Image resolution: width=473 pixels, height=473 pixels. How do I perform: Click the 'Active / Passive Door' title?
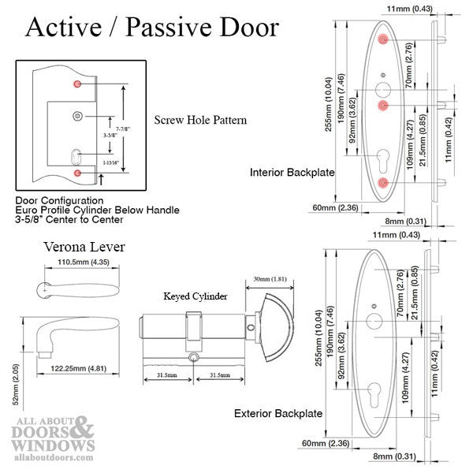pos(152,28)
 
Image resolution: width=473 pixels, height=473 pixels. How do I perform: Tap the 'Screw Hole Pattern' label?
pos(200,121)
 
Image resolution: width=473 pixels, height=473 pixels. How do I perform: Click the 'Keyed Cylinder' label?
pos(195,296)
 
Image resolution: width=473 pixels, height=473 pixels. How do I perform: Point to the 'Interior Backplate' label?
pos(292,172)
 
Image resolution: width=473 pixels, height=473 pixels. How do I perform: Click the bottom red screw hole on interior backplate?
pos(382,183)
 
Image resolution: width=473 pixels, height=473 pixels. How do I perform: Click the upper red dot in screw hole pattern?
pos(76,84)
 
